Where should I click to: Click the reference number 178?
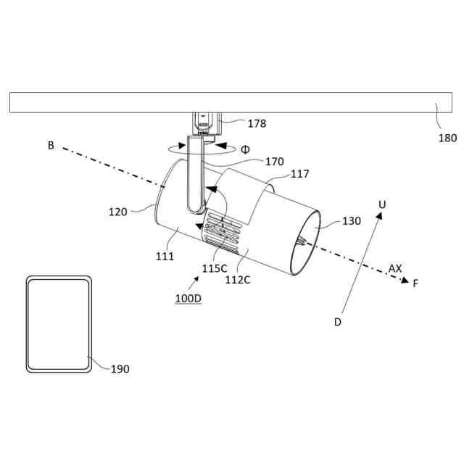[x=257, y=123]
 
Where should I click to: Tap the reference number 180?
[x=447, y=138]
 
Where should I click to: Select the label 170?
[x=274, y=162]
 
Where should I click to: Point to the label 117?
[x=299, y=174]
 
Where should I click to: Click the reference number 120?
[x=117, y=212]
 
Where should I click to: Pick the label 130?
[x=352, y=221]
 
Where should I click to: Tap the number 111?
[x=165, y=256]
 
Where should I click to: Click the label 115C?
[x=215, y=269]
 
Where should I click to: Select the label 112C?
[x=238, y=280]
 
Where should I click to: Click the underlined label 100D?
[x=188, y=298]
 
